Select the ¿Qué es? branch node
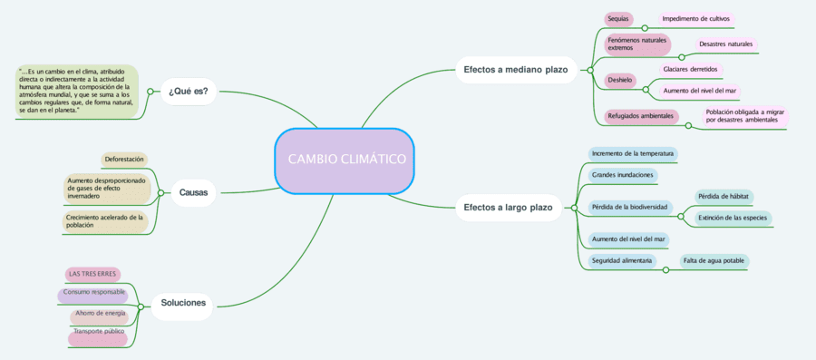[x=188, y=91]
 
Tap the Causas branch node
[x=193, y=192]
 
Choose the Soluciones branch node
[x=183, y=303]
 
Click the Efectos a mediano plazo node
[x=515, y=70]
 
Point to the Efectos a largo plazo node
[x=508, y=208]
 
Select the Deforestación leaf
[x=125, y=160]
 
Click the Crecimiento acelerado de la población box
[x=104, y=221]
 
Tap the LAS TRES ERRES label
[x=92, y=274]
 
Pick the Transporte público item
[x=99, y=332]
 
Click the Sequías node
[x=618, y=18]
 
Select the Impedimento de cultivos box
[x=695, y=18]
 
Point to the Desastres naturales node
[x=726, y=44]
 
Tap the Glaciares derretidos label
[x=690, y=69]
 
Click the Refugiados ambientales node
[x=641, y=116]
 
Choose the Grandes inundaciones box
[x=622, y=174]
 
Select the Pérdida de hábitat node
[x=724, y=197]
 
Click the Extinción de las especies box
[x=733, y=218]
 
